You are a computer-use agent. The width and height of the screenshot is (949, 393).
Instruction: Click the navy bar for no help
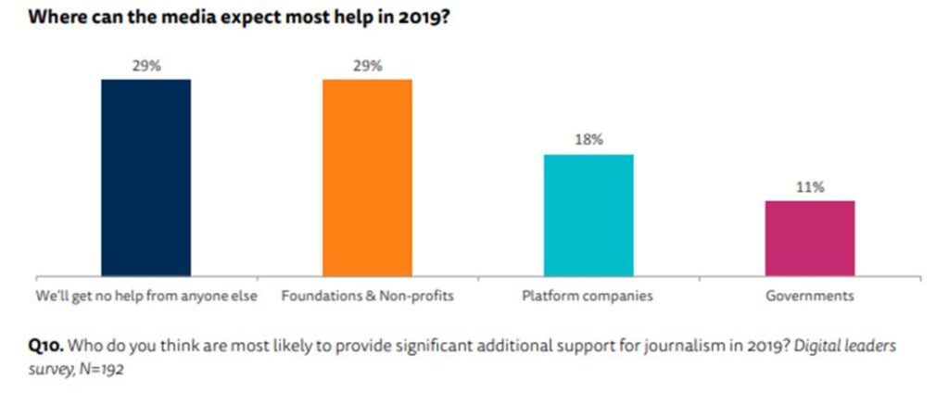tap(146, 177)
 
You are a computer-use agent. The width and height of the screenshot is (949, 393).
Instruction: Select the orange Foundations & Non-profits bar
tap(367, 177)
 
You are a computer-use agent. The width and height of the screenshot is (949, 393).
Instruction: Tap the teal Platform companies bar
tap(588, 214)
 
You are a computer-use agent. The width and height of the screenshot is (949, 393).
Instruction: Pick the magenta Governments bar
tap(809, 237)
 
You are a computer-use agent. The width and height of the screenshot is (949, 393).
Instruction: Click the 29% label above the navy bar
tap(146, 67)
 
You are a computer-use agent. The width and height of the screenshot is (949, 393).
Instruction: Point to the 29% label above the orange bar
tap(367, 67)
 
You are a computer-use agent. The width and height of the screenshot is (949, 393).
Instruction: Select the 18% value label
tap(588, 140)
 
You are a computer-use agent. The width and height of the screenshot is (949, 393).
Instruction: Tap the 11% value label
tap(809, 187)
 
